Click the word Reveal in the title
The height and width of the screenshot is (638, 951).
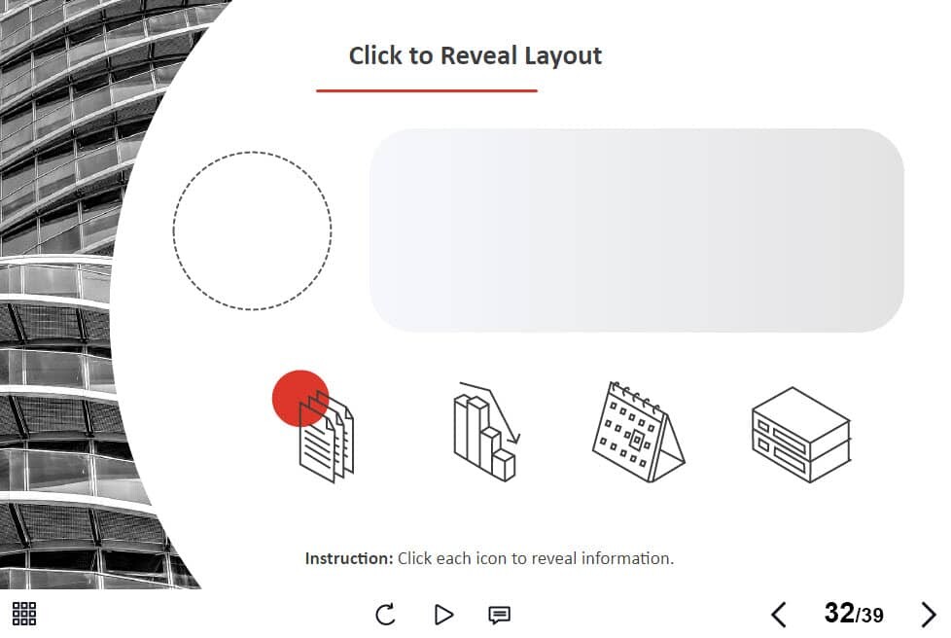479,55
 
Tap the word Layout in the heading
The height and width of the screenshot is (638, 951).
563,56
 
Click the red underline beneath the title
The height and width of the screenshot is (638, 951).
426,90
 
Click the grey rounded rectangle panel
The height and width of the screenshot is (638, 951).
637,230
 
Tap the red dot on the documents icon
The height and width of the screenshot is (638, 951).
300,398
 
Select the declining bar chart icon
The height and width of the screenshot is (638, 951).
486,431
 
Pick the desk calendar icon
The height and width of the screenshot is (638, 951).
638,432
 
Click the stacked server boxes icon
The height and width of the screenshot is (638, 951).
800,434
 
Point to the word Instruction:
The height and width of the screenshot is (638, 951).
349,558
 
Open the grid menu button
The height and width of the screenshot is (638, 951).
24,614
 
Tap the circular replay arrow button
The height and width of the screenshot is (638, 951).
385,615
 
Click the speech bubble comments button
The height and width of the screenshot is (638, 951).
499,615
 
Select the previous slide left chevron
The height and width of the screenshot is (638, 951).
779,615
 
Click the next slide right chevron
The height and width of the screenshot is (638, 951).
929,615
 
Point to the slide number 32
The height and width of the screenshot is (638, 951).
839,613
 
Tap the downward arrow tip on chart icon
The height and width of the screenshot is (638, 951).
516,443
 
